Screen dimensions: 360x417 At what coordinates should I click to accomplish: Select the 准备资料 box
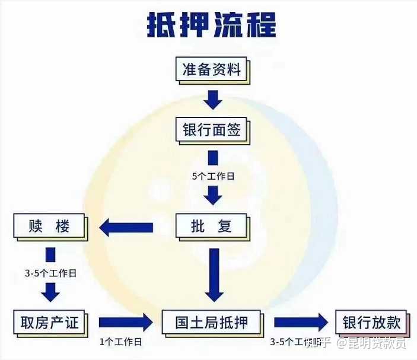point(212,70)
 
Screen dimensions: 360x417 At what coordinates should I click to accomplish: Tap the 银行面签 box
point(212,129)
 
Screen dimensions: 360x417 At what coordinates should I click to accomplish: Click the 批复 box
point(212,226)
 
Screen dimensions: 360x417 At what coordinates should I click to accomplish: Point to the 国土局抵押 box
point(212,323)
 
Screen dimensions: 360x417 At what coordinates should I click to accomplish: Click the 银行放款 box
point(371,323)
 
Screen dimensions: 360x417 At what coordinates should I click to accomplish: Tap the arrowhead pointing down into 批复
point(212,195)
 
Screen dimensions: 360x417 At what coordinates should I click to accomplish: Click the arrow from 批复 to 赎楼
point(126,227)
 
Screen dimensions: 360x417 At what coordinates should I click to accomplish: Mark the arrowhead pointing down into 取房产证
point(50,292)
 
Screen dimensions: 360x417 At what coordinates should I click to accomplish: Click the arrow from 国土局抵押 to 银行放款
point(300,323)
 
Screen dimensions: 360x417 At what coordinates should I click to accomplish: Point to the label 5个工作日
point(212,177)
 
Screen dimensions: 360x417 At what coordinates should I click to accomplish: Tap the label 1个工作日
point(122,342)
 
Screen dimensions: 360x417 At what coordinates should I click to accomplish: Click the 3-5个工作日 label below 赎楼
point(50,274)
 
